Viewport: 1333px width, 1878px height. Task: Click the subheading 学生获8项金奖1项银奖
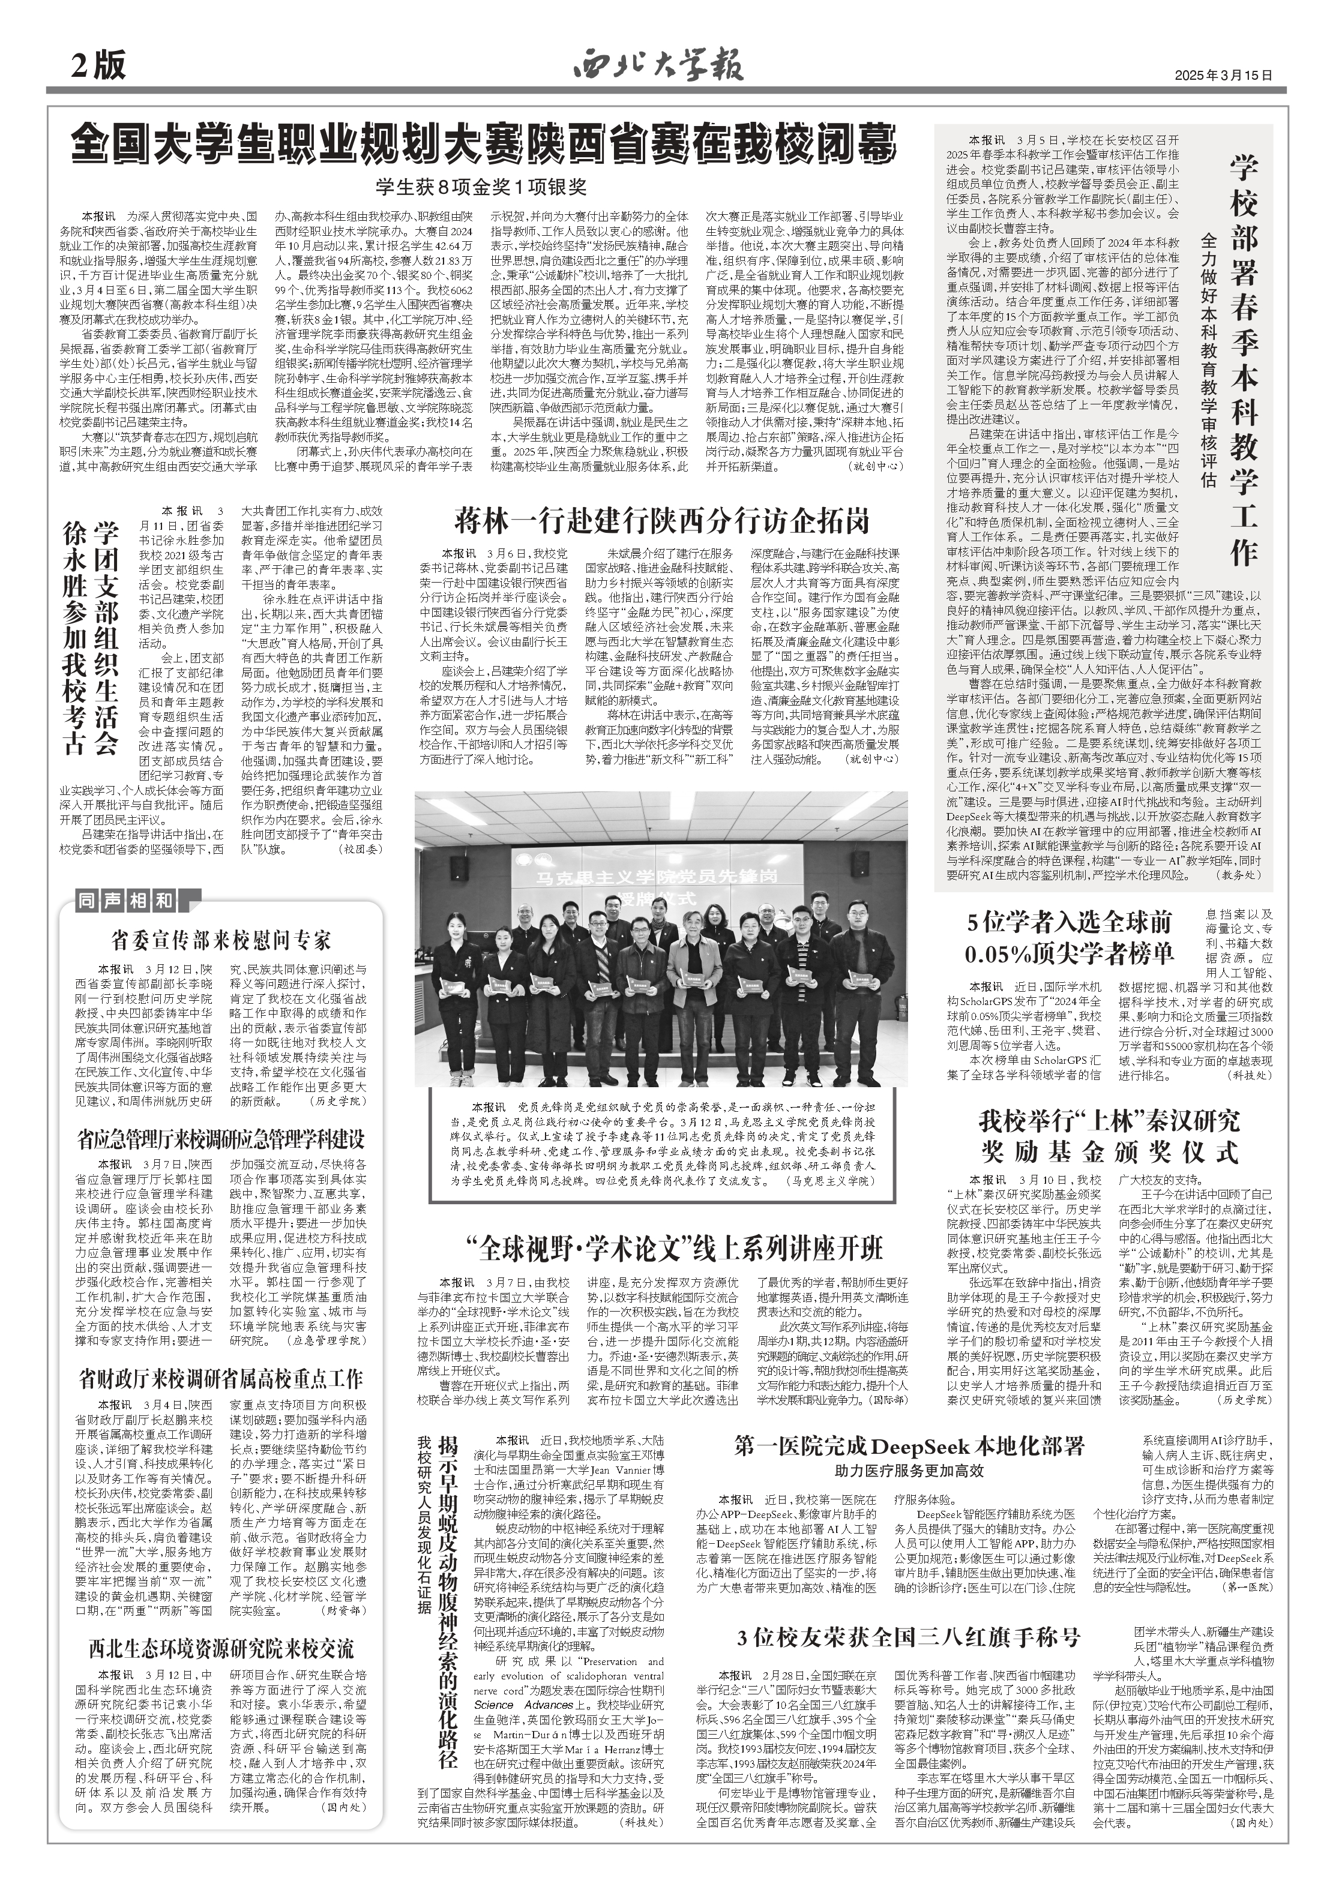[x=482, y=188]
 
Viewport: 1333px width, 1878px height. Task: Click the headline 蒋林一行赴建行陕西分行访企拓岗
[x=663, y=521]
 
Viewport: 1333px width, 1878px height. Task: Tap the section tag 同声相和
[x=127, y=901]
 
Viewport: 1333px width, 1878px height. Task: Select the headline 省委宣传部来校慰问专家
[x=221, y=940]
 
